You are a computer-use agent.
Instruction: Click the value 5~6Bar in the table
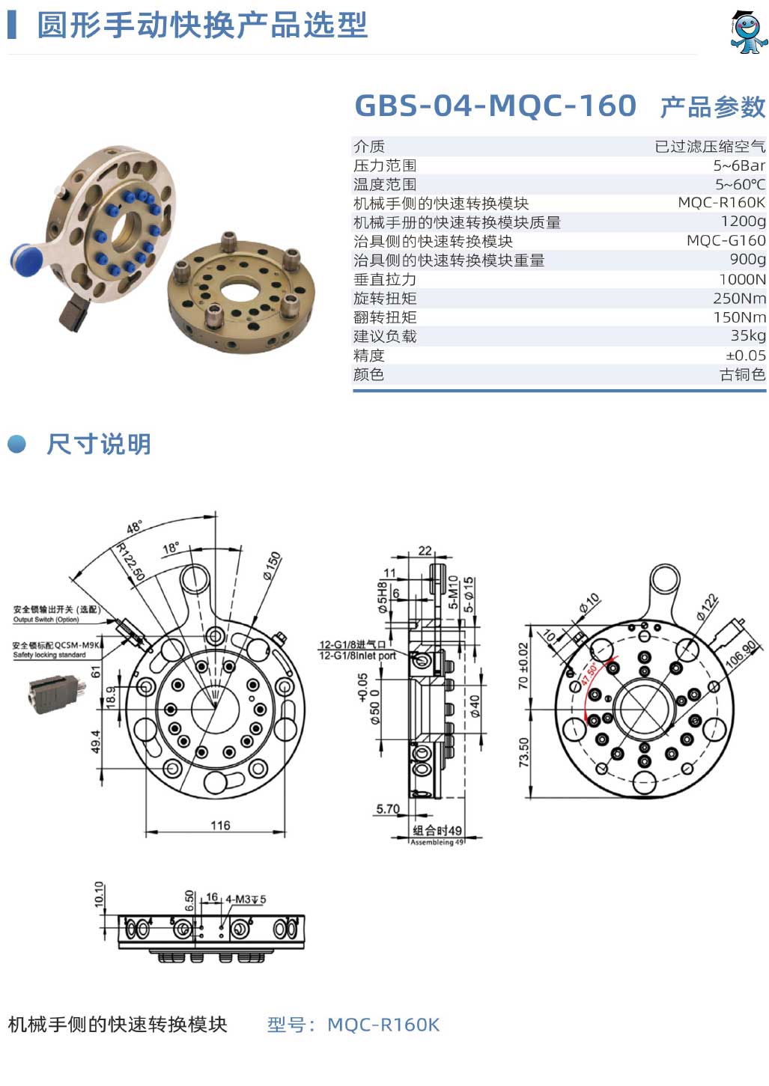pyautogui.click(x=739, y=165)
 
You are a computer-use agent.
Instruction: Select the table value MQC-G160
pyautogui.click(x=726, y=240)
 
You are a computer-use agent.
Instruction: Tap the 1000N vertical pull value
pyautogui.click(x=742, y=279)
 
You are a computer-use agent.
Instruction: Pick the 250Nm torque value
pyautogui.click(x=739, y=298)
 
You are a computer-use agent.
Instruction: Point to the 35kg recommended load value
pyautogui.click(x=747, y=335)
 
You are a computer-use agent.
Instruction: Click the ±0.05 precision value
pyautogui.click(x=745, y=356)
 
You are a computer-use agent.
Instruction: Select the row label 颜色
pyautogui.click(x=368, y=374)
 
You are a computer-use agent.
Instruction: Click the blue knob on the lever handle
pyautogui.click(x=27, y=260)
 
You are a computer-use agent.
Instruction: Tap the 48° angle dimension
pyautogui.click(x=134, y=527)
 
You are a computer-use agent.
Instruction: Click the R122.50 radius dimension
pyautogui.click(x=130, y=561)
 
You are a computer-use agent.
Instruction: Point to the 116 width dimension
pyautogui.click(x=220, y=825)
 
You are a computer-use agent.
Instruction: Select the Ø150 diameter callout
pyautogui.click(x=272, y=566)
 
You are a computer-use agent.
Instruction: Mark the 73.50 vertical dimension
pyautogui.click(x=523, y=752)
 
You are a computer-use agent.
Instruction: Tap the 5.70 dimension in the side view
pyautogui.click(x=388, y=808)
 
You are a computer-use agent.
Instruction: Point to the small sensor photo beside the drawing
pyautogui.click(x=56, y=694)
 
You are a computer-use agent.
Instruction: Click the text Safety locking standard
pyautogui.click(x=49, y=654)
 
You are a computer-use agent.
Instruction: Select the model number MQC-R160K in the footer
pyautogui.click(x=383, y=1025)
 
